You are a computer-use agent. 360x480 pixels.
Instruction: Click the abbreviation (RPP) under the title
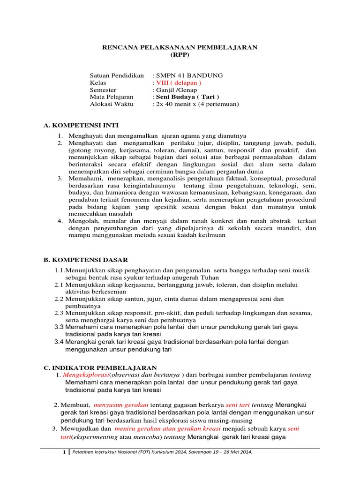[180, 54]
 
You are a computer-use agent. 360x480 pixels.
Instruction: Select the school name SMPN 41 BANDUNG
[183, 75]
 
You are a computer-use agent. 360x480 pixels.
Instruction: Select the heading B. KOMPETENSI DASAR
[84, 260]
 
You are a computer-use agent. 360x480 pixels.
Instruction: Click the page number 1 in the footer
[65, 452]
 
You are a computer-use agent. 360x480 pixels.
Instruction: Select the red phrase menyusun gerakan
[121, 405]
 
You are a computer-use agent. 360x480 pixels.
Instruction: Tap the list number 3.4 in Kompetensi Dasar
[59, 342]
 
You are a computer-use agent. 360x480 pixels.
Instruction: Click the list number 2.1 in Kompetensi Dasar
[59, 285]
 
